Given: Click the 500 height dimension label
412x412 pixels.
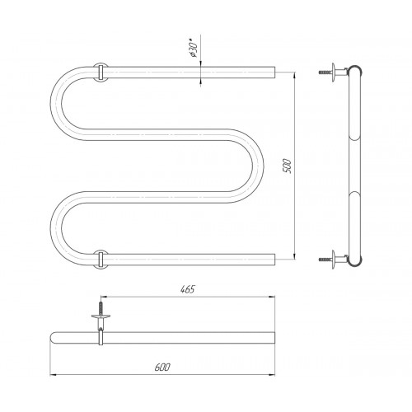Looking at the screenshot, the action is click(x=288, y=166).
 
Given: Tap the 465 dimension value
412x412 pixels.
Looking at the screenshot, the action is click(x=188, y=289).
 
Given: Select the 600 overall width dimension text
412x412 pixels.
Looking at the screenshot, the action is click(x=162, y=368).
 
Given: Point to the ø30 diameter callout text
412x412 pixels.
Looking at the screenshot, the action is click(x=194, y=49).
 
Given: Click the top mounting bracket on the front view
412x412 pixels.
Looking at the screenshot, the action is click(x=101, y=73).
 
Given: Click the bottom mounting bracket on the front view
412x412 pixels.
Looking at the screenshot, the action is click(x=101, y=260).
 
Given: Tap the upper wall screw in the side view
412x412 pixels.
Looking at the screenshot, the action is click(x=325, y=73).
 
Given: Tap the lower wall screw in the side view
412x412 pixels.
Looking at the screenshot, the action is click(x=325, y=260).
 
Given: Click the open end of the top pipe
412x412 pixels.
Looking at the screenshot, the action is click(x=274, y=73).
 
